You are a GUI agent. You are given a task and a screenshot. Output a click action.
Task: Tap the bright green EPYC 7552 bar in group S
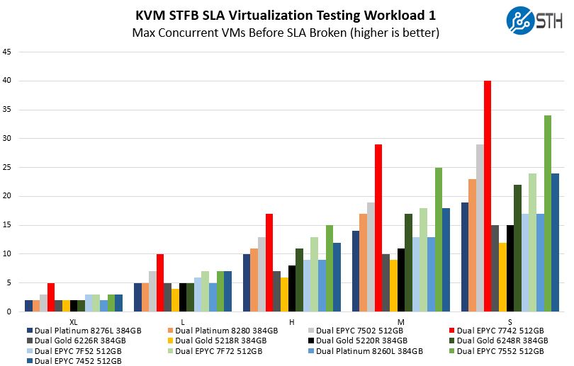[x=548, y=213]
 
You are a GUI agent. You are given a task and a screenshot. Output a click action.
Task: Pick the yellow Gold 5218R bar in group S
[x=502, y=277]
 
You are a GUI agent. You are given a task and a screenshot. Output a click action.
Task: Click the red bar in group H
[x=269, y=263]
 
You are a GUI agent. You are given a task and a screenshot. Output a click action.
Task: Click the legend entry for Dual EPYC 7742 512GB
[x=500, y=330]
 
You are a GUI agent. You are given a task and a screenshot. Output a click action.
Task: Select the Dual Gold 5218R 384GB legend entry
[x=215, y=340]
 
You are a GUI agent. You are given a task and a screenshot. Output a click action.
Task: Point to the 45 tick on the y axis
[x=7, y=52]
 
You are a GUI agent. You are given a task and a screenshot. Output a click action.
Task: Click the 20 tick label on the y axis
[x=7, y=196]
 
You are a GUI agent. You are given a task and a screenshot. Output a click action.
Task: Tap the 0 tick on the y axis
[x=9, y=311]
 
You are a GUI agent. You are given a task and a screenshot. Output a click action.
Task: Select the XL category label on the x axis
[x=74, y=321]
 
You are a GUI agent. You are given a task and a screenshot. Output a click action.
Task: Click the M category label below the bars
[x=401, y=321]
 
